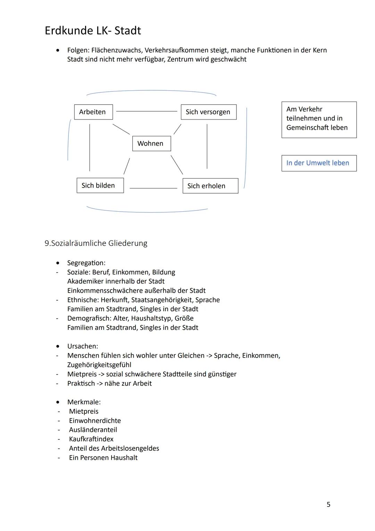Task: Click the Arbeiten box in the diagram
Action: pos(93,112)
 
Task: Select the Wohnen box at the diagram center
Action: pos(151,144)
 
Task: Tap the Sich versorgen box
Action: pos(208,112)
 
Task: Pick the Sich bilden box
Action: pos(100,186)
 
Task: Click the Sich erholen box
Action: pos(210,186)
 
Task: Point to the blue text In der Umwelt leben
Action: pos(317,163)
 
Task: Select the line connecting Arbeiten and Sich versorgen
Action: pos(147,111)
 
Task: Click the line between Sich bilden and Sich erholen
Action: pos(153,188)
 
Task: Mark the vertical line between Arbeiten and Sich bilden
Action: pos(90,148)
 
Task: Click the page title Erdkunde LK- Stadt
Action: pos(93,31)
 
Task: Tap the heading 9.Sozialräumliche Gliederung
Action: pos(96,243)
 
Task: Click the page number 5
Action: pos(328,504)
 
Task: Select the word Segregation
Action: pos(86,263)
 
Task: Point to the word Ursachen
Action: pos(82,346)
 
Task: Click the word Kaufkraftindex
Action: pos(91,439)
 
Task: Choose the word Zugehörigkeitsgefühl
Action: pos(99,365)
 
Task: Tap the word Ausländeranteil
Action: pos(93,430)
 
